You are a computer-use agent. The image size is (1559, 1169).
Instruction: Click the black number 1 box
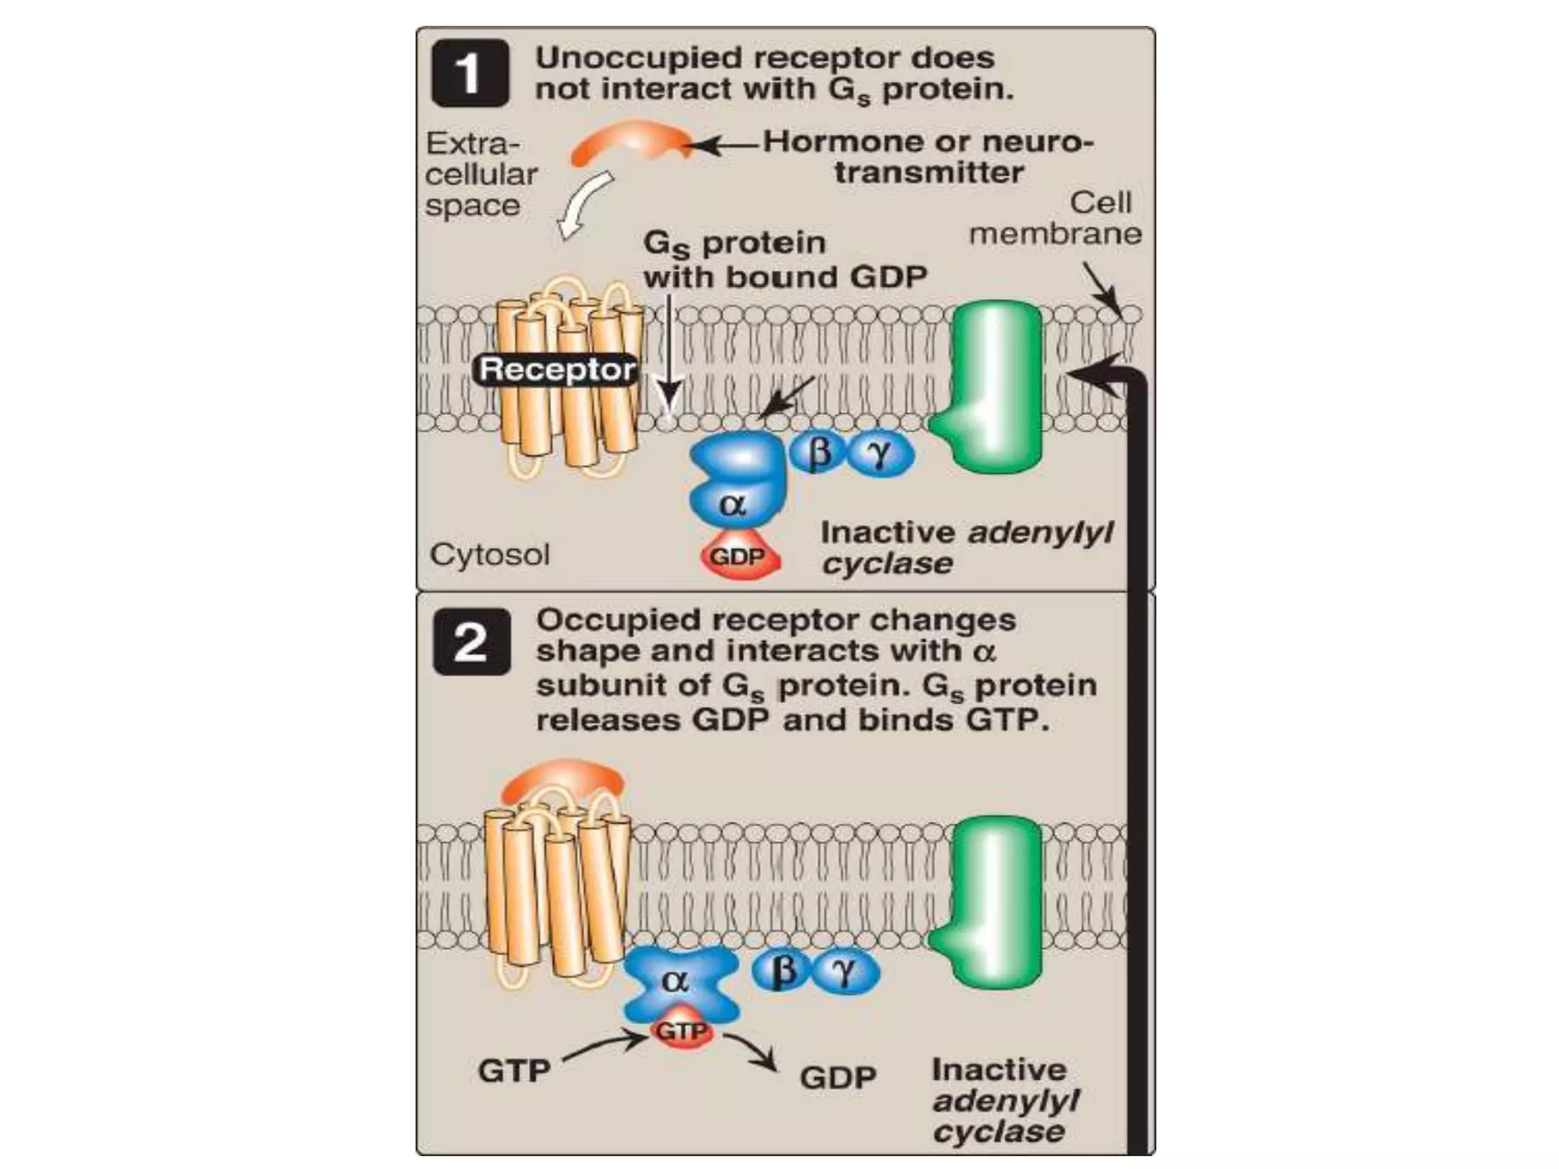(470, 74)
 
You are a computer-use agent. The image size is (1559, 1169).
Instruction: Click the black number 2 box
(471, 642)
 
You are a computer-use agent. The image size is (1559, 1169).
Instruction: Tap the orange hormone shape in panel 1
(630, 145)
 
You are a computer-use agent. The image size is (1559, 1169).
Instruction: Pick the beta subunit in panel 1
(819, 454)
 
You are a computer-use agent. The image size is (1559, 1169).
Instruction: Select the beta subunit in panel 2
(784, 972)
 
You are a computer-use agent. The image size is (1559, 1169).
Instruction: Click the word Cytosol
(489, 554)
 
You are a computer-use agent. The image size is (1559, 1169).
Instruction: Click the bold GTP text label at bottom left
(514, 1071)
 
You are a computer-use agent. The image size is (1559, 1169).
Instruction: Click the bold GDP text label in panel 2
(838, 1077)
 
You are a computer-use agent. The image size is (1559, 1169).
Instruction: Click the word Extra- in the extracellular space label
(472, 143)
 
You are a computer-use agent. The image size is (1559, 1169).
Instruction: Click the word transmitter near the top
(929, 172)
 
